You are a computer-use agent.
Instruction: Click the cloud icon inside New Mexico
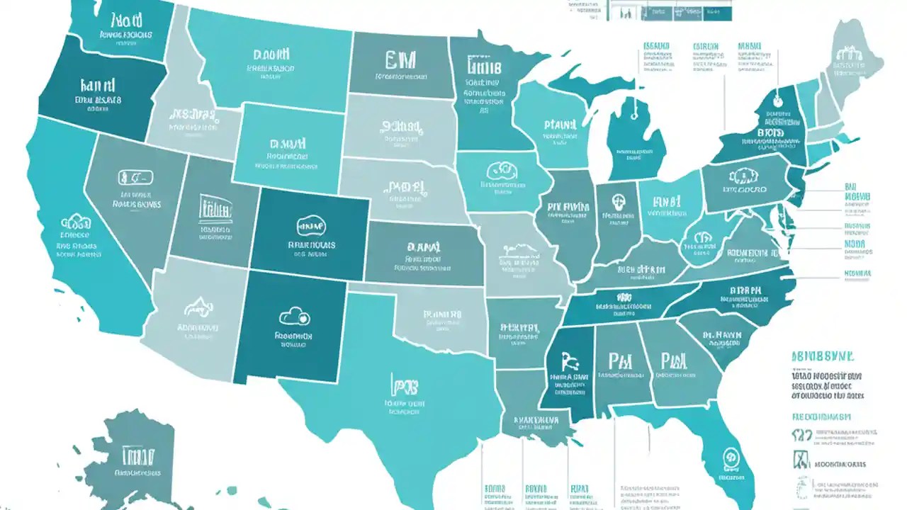click(x=295, y=316)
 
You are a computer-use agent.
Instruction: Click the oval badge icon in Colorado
click(x=310, y=226)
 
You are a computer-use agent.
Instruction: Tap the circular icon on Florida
click(x=729, y=457)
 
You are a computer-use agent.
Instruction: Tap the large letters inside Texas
click(x=404, y=385)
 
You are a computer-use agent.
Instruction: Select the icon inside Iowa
click(x=499, y=171)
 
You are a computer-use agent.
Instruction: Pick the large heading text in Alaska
click(x=138, y=454)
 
